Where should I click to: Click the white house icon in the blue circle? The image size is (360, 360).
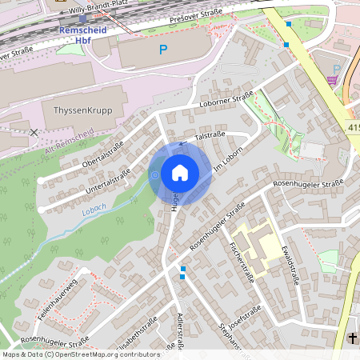180,173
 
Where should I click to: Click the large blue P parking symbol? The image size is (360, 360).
163,50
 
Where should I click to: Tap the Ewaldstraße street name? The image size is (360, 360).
290,265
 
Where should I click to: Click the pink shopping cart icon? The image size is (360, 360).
332,80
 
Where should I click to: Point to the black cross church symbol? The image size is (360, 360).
353,338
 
